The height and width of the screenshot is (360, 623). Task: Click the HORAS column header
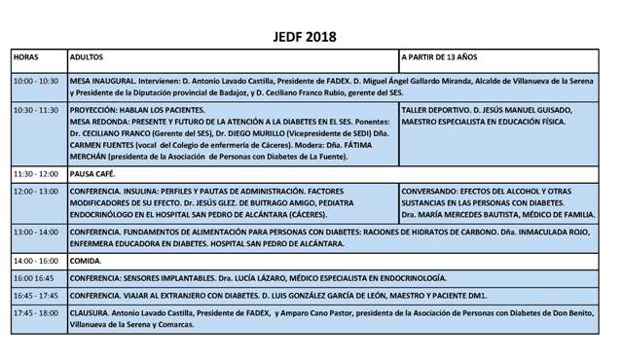click(x=26, y=58)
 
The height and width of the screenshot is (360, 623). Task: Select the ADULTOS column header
click(x=89, y=58)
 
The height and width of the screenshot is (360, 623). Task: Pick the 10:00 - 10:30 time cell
click(x=36, y=81)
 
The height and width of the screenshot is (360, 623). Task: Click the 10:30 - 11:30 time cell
click(x=36, y=110)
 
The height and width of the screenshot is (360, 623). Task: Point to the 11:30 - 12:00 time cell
click(x=36, y=173)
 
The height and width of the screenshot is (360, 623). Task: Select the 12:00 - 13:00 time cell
click(x=36, y=192)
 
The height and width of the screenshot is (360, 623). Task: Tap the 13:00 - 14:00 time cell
click(x=36, y=232)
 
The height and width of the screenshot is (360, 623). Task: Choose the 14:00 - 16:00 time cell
click(x=36, y=261)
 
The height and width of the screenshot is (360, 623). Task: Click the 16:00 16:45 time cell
click(x=34, y=278)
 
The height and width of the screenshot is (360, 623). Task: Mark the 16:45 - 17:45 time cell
click(x=36, y=295)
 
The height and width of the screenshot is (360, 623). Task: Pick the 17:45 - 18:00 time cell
click(x=36, y=312)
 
